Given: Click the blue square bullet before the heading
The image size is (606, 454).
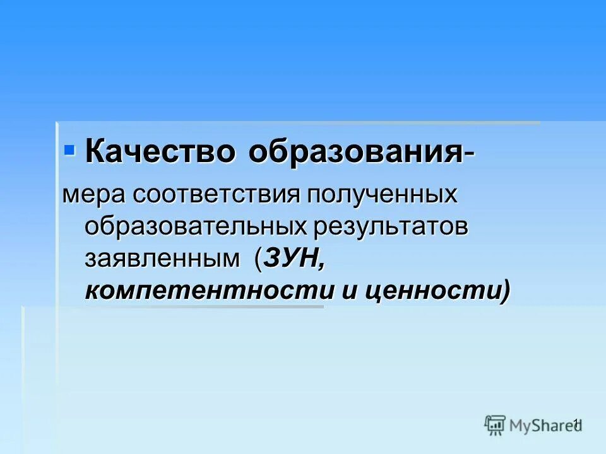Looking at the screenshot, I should tap(69, 150).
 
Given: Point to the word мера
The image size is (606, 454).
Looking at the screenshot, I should tap(94, 195).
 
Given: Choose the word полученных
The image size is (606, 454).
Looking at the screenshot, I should tap(381, 195).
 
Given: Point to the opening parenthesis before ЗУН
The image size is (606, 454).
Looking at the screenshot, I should tap(259, 259).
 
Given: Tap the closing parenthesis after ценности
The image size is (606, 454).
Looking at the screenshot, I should tap(504, 291).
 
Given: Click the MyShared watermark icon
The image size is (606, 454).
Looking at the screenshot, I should tap(495, 425).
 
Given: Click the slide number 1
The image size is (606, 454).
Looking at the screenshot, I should tap(576, 423).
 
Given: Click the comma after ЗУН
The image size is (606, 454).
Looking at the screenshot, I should tap(321, 265).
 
